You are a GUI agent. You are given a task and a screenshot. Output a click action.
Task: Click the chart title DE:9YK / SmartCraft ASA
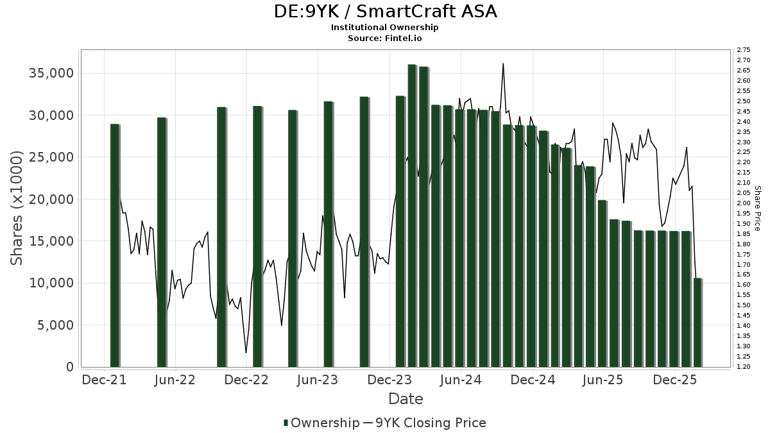[385, 12]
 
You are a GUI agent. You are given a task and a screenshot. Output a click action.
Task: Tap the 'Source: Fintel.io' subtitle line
[385, 38]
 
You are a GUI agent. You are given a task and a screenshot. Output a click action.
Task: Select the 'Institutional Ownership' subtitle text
[385, 28]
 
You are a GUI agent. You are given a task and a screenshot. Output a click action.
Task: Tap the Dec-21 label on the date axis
[104, 380]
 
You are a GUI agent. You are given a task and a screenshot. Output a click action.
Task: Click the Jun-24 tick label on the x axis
[461, 380]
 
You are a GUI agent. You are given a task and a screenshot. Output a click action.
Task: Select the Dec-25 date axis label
[674, 380]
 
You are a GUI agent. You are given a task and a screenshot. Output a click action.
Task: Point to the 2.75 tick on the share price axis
[744, 50]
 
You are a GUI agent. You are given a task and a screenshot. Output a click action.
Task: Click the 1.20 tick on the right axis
[744, 367]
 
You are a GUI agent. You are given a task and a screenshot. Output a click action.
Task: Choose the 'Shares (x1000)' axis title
[17, 208]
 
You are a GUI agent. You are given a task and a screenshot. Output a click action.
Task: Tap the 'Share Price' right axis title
[757, 208]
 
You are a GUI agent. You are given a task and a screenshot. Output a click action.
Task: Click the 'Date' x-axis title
[406, 399]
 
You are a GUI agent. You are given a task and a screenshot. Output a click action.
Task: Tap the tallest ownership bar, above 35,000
[412, 216]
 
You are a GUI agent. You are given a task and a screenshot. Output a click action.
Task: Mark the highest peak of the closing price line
[503, 64]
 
